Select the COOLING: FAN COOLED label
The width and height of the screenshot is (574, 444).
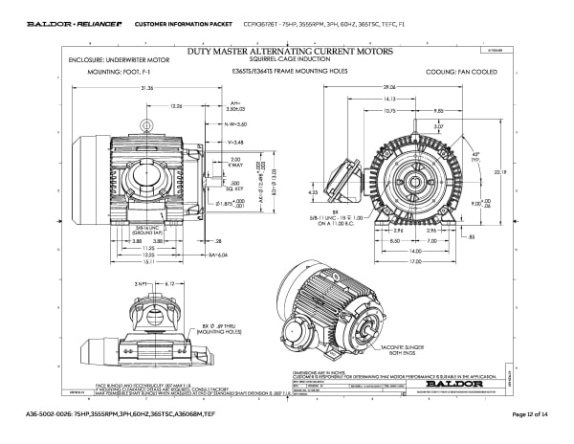click(x=464, y=72)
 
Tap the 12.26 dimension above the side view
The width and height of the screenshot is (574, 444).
click(x=177, y=106)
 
